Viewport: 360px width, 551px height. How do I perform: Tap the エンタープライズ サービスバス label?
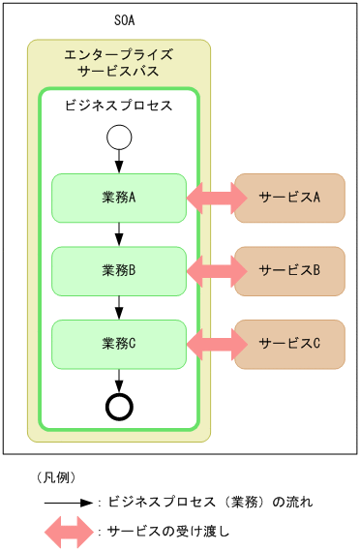(118, 64)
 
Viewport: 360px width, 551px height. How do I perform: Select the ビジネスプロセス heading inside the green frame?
(118, 105)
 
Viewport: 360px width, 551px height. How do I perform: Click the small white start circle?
(118, 138)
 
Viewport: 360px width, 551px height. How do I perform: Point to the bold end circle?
(118, 406)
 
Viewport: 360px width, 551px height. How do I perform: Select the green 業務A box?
(118, 198)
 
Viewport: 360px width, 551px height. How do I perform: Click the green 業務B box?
(118, 270)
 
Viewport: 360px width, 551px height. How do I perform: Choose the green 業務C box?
(118, 343)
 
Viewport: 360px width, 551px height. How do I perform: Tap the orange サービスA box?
(289, 198)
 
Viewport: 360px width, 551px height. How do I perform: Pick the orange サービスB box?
(289, 270)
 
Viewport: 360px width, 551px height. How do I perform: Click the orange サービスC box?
(289, 343)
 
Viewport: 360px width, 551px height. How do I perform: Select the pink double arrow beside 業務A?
(217, 198)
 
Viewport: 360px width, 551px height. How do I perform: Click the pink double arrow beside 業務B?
(217, 270)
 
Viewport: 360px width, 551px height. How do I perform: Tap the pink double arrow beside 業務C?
(217, 343)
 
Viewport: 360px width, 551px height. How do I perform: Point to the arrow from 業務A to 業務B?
(118, 233)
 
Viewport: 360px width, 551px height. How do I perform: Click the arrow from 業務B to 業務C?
(118, 306)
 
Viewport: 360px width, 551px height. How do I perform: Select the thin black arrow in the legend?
(67, 503)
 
